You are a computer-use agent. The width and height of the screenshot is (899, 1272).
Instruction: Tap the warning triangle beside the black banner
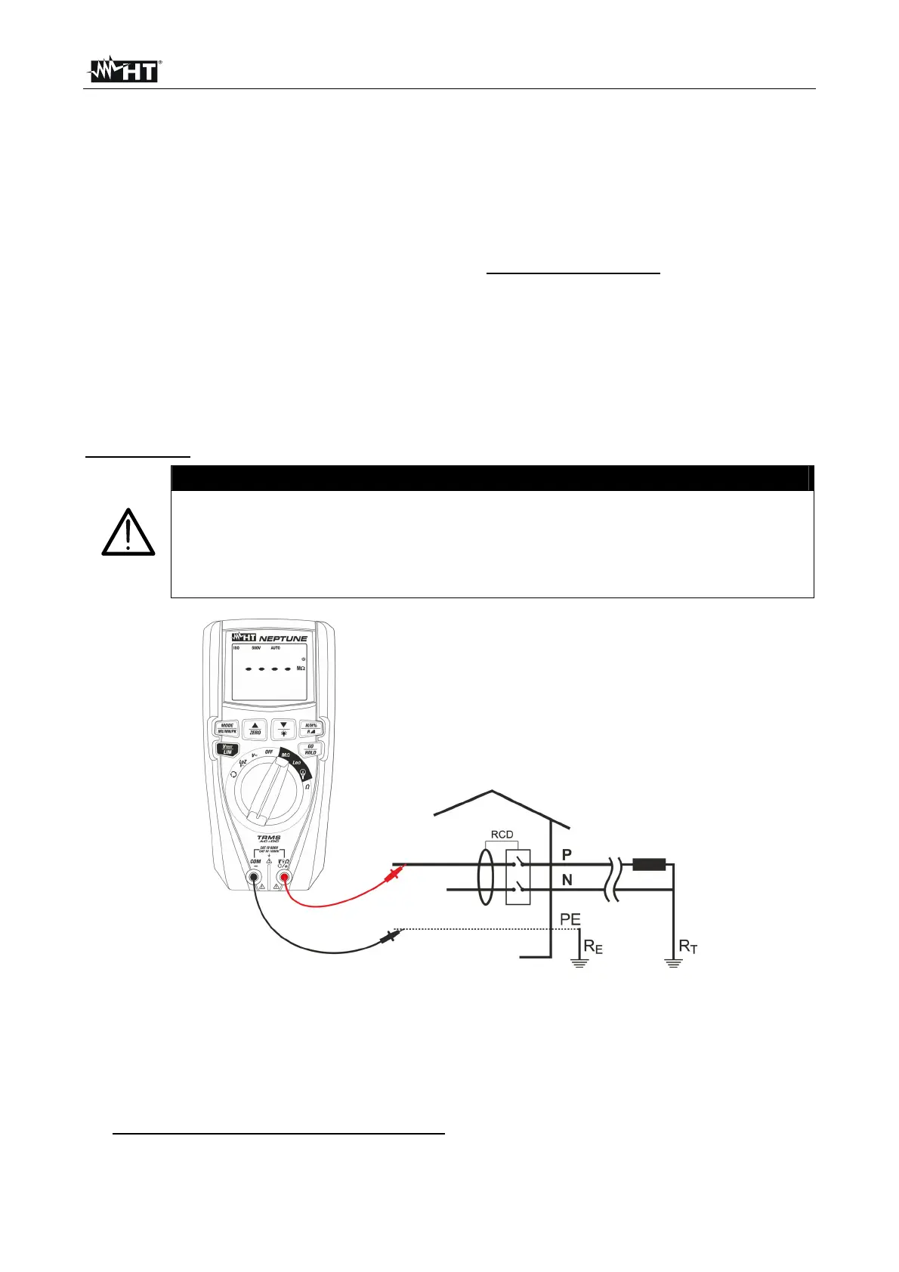click(128, 533)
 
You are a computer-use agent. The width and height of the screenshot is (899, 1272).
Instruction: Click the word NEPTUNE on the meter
click(283, 638)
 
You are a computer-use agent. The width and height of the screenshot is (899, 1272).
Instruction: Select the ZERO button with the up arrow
click(255, 728)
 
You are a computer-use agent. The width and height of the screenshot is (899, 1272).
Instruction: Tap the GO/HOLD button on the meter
click(310, 749)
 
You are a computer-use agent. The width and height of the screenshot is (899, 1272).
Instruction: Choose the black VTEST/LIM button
click(227, 749)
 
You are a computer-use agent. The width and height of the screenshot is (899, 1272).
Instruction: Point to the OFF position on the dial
click(269, 752)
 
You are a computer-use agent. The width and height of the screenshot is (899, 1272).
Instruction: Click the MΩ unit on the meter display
click(301, 668)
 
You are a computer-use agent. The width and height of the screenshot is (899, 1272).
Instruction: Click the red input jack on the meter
click(285, 877)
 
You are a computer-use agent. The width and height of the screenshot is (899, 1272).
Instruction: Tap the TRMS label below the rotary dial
click(268, 838)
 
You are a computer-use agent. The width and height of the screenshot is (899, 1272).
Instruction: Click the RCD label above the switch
click(502, 835)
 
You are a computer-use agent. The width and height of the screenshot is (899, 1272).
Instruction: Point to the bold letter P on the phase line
click(567, 854)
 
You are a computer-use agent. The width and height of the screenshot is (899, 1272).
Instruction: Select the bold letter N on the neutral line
click(567, 880)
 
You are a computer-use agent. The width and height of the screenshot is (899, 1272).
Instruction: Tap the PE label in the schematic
click(570, 919)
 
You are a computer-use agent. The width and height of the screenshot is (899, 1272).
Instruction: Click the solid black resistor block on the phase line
click(649, 864)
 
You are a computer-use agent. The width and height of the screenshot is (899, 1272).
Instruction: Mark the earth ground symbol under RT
click(673, 963)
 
